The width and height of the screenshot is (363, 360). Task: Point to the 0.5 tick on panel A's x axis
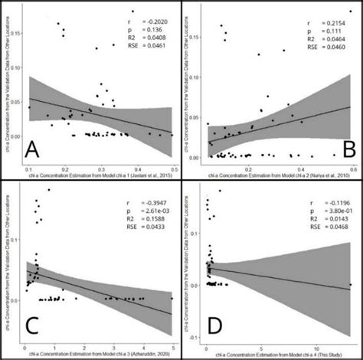click(173, 168)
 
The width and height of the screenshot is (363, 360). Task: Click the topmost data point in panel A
click(132, 11)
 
